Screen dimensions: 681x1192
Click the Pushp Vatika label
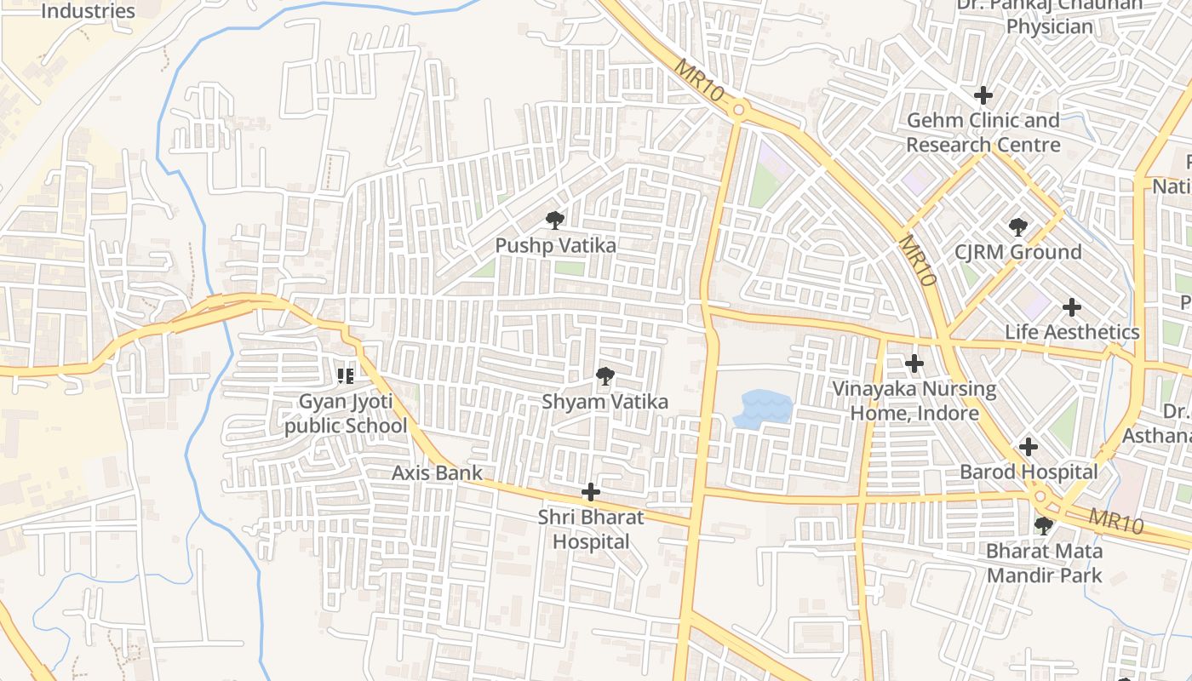click(555, 245)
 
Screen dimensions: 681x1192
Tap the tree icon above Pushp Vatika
click(555, 220)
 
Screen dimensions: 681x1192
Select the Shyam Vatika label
click(605, 401)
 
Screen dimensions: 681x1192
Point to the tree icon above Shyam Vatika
click(605, 375)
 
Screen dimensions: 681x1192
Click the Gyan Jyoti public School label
click(346, 413)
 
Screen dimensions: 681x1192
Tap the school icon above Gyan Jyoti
click(345, 375)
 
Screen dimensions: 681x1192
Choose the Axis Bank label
click(437, 472)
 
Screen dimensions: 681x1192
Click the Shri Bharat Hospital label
click(591, 529)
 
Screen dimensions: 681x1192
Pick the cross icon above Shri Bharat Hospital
click(590, 492)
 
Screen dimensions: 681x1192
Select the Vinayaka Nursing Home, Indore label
click(914, 401)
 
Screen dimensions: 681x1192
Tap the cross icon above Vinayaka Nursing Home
click(914, 364)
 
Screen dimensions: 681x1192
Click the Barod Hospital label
click(1029, 472)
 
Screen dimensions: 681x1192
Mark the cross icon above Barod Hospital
click(1029, 446)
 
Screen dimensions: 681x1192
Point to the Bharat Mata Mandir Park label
click(1044, 563)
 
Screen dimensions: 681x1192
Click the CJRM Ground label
click(1017, 252)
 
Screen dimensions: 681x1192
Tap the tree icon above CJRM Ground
click(1017, 227)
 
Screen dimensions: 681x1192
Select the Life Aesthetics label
click(1072, 332)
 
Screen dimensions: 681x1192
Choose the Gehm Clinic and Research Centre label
click(983, 132)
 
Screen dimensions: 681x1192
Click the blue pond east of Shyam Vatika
click(763, 409)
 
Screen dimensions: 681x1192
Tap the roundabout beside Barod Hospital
click(1040, 496)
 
